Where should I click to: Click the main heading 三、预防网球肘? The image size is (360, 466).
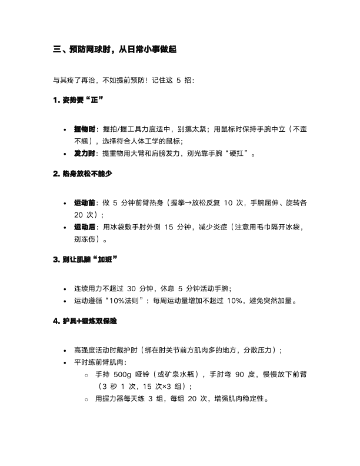115,51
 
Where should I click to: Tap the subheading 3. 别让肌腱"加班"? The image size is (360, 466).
85,261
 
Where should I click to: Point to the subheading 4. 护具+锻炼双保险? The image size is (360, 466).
85,322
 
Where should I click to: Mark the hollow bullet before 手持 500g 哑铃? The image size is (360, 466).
86,375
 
